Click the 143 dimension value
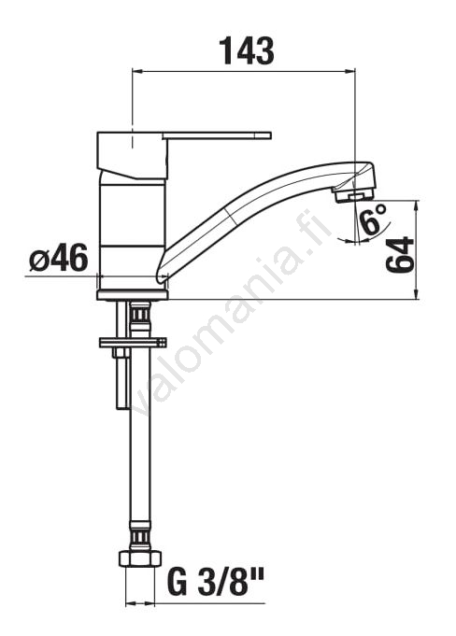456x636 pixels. point(247,51)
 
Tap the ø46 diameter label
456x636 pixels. point(59,258)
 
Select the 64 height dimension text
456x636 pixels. point(400,255)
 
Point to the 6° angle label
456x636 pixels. point(372,219)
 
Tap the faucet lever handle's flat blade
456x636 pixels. point(217,135)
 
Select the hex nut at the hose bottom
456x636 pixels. point(140,558)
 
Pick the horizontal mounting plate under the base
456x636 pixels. point(133,343)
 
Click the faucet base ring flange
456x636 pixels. point(133,295)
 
